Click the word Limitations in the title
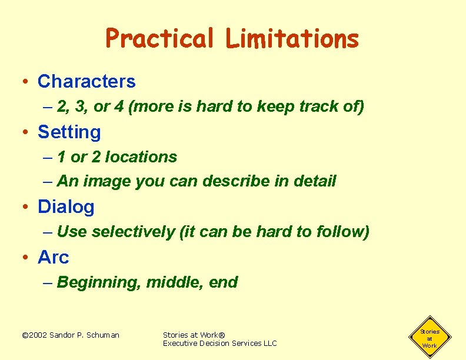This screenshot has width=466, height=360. click(292, 39)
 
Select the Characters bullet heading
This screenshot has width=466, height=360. click(86, 81)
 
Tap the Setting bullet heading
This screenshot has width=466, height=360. click(69, 132)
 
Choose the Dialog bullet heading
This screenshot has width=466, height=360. click(66, 206)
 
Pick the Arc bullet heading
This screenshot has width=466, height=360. click(54, 257)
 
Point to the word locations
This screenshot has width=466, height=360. click(141, 157)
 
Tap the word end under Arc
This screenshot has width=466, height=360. click(224, 282)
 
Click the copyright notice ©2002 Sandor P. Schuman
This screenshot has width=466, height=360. click(70, 335)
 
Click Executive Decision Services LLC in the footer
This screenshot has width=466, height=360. click(219, 343)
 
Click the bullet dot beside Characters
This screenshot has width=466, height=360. click(25, 82)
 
